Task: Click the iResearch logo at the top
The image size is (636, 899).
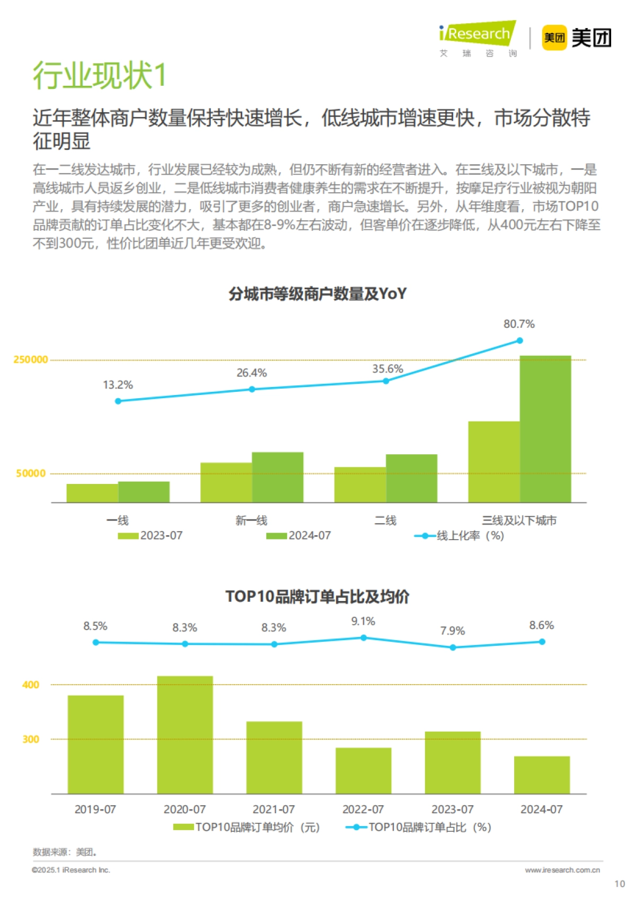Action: pos(477,37)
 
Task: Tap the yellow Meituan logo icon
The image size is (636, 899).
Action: pos(554,38)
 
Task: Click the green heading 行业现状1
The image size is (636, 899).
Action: pos(100,75)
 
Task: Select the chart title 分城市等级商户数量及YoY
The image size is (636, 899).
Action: pos(317,293)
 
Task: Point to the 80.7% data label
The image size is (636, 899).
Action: pos(518,324)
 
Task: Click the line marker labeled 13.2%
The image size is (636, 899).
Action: pos(118,401)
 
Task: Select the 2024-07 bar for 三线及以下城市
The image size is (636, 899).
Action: pos(545,429)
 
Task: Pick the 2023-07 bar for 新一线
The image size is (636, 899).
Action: pos(226,482)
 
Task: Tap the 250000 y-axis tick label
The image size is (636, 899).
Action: pos(31,359)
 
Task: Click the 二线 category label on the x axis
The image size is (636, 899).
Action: pos(385,520)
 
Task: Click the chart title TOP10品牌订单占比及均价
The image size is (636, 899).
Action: pos(317,597)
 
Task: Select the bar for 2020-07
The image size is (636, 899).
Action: pos(185,734)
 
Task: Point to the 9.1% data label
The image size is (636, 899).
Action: pos(363,622)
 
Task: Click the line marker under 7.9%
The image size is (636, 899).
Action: pos(453,647)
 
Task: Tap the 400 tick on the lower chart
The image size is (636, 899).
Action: pos(31,685)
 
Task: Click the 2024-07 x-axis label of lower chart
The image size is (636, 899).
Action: pos(541,809)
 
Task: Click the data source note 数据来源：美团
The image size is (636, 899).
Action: pos(64,852)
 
